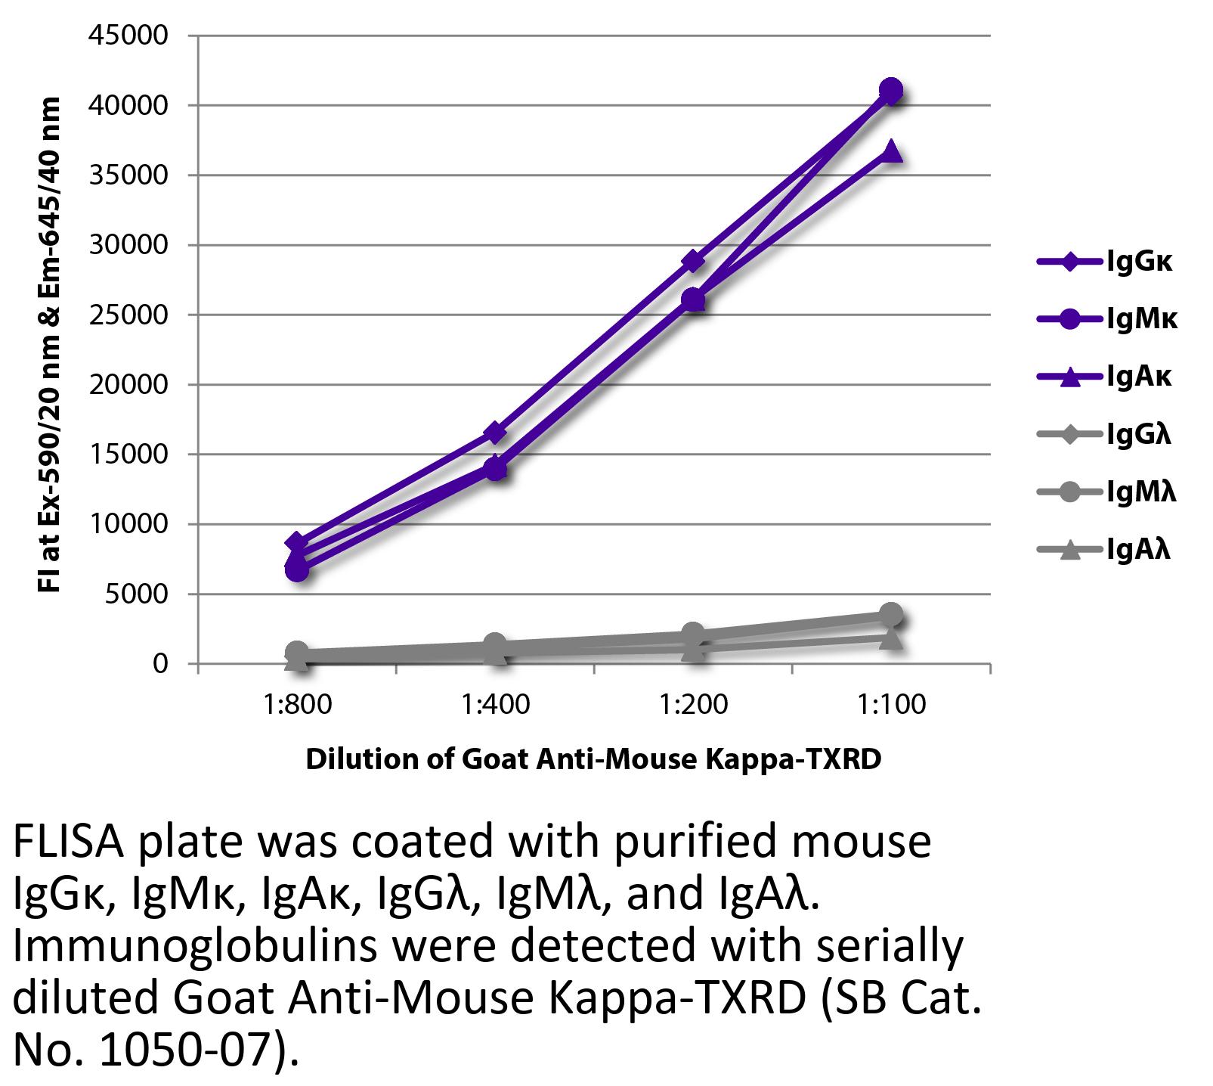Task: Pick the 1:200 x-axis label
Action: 693,705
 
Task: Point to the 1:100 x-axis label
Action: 891,705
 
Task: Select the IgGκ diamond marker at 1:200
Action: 693,262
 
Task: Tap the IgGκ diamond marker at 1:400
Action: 495,433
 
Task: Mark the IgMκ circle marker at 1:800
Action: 297,570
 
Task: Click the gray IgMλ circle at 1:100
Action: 891,614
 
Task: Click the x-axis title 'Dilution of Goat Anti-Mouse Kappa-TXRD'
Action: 593,759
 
